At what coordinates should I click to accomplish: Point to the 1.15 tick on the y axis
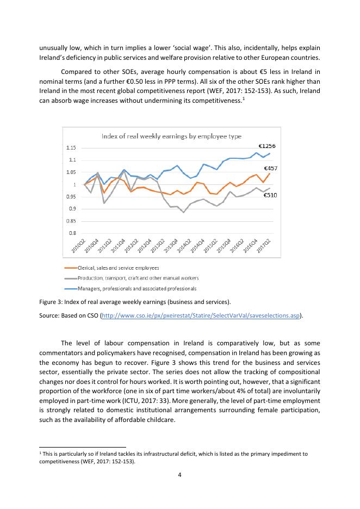pos(71,148)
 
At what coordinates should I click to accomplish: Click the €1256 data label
pos(268,146)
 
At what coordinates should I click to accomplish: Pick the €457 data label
pos(271,169)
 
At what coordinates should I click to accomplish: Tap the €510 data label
pos(271,195)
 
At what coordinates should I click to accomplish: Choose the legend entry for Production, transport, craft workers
pos(138,278)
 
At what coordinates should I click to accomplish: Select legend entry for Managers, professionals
pos(137,288)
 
